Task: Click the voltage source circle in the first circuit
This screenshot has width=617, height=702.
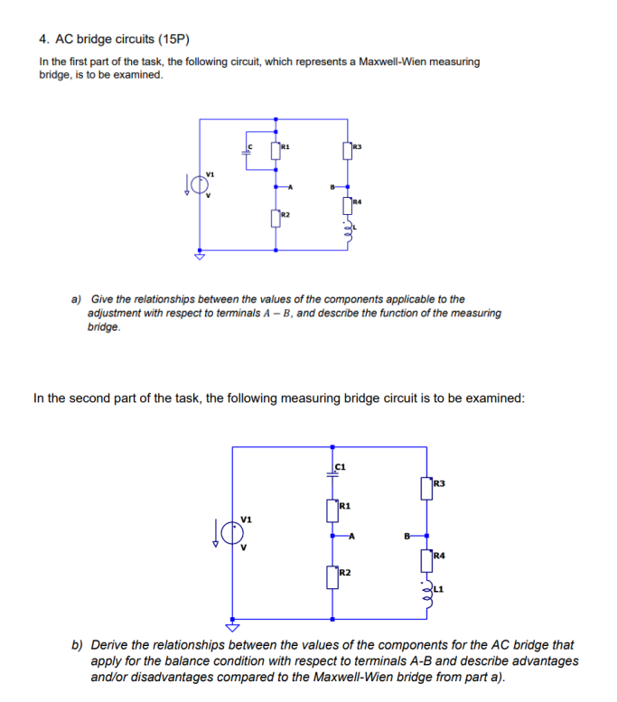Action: tap(200, 184)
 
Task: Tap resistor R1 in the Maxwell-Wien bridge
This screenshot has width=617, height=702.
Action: tap(275, 149)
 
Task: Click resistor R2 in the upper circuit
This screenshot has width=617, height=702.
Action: tap(275, 218)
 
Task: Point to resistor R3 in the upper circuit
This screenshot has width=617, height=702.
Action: tap(347, 149)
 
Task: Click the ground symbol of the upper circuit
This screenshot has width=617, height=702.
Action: tap(200, 257)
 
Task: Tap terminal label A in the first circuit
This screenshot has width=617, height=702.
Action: tap(290, 187)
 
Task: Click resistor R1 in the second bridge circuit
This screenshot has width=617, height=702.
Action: tap(333, 510)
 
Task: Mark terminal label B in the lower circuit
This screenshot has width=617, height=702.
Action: tap(407, 537)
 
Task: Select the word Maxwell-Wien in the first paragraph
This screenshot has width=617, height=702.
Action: tap(392, 61)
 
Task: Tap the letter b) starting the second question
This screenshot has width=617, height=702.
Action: tap(78, 645)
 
